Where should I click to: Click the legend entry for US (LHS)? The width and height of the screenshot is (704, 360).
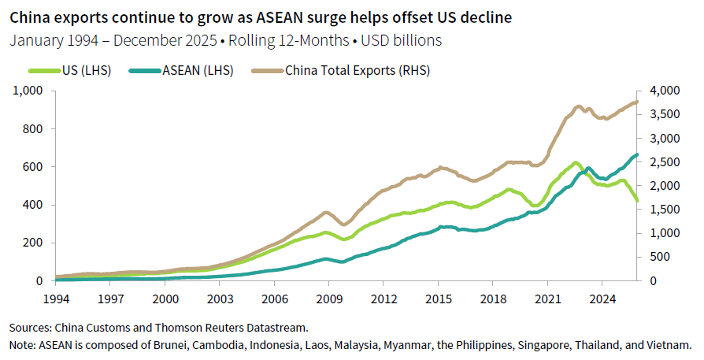pyautogui.click(x=87, y=71)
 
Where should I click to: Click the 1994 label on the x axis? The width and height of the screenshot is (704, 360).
pyautogui.click(x=56, y=299)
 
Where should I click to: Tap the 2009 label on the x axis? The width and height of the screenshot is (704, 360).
pyautogui.click(x=328, y=299)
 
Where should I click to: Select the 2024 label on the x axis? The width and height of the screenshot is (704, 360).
pyautogui.click(x=602, y=299)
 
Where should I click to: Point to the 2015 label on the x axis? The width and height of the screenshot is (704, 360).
pyautogui.click(x=438, y=299)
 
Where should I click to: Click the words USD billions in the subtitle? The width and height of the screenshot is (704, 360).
pyautogui.click(x=401, y=39)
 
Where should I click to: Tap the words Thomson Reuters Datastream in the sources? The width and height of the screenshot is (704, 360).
pyautogui.click(x=228, y=326)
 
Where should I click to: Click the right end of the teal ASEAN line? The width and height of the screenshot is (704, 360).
pyautogui.click(x=637, y=154)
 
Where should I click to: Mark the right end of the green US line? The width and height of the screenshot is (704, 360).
pyautogui.click(x=637, y=202)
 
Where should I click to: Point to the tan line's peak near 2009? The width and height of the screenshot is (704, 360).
pyautogui.click(x=326, y=212)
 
